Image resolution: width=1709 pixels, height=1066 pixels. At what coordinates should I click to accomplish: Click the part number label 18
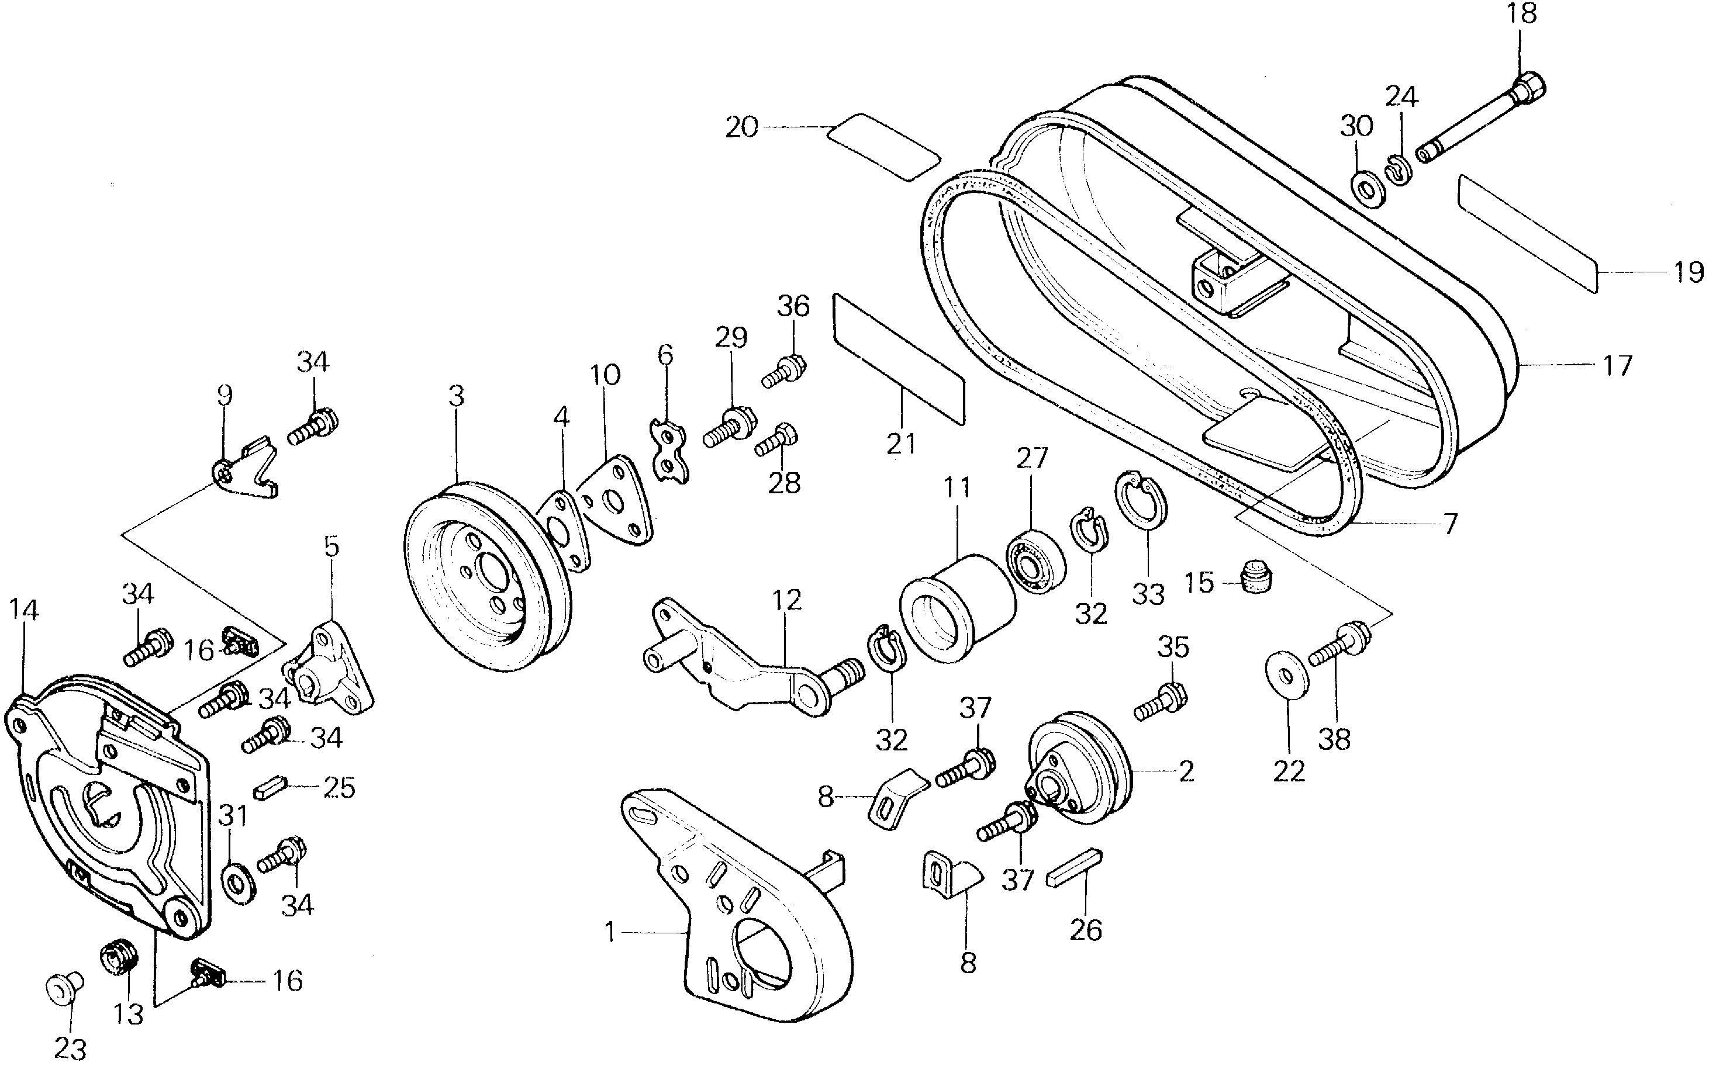(x=1522, y=14)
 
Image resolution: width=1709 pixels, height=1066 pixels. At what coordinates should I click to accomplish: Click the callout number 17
(x=1617, y=366)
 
